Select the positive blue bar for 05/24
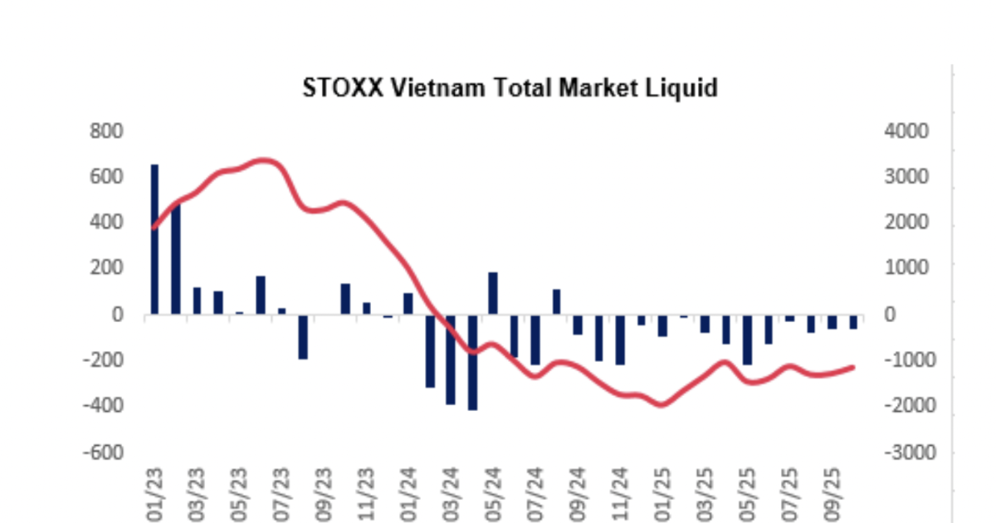coord(493,293)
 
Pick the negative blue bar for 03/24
coord(451,359)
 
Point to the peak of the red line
coord(264,160)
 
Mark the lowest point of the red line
coord(662,404)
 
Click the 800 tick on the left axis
coord(106,131)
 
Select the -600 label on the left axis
coord(104,452)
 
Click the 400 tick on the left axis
coord(106,223)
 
